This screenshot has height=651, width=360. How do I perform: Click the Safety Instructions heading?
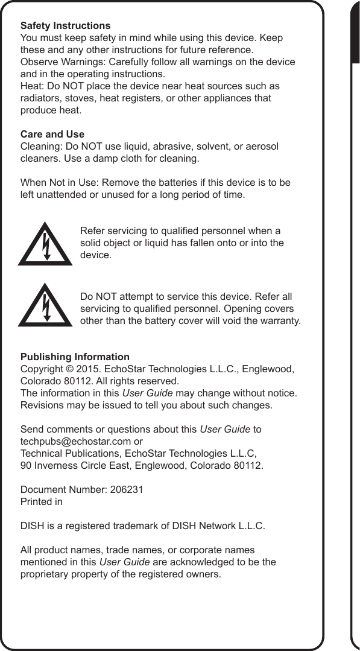(65, 26)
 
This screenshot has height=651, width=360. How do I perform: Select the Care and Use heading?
(52, 134)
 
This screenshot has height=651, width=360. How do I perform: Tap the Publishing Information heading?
(75, 357)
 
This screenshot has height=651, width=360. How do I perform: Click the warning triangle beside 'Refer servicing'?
(45, 244)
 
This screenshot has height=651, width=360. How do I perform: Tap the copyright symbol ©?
(67, 369)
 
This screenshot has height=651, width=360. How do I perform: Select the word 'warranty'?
(280, 320)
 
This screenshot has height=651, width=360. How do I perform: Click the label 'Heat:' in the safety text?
(32, 86)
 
